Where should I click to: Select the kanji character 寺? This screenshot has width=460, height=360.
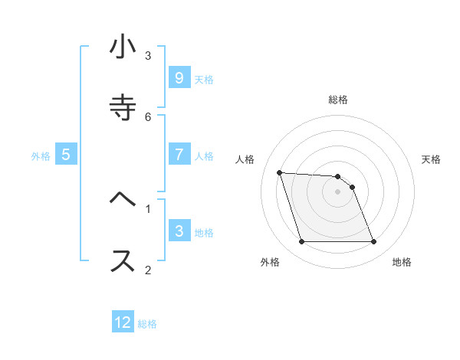122,108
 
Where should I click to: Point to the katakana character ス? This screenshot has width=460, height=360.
122,260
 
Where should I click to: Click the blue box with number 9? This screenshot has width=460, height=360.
179,78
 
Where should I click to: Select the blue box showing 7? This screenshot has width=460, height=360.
179,155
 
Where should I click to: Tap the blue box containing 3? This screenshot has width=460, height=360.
179,231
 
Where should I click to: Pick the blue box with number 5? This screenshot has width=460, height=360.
66,155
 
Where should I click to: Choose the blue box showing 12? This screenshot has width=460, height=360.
123,322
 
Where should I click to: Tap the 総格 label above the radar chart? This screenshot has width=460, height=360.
337,100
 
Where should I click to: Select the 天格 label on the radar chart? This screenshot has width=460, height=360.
431,159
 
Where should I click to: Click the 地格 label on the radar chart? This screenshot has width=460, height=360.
402,262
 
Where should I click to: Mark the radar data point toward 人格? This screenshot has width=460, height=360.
279,172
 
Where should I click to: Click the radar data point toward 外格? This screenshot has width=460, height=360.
301,242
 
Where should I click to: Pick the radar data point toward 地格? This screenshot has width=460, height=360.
373,242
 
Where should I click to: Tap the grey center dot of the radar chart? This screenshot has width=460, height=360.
337,191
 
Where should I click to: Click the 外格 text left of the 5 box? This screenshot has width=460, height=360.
41,155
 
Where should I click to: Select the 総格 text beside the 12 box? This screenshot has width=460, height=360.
147,323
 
